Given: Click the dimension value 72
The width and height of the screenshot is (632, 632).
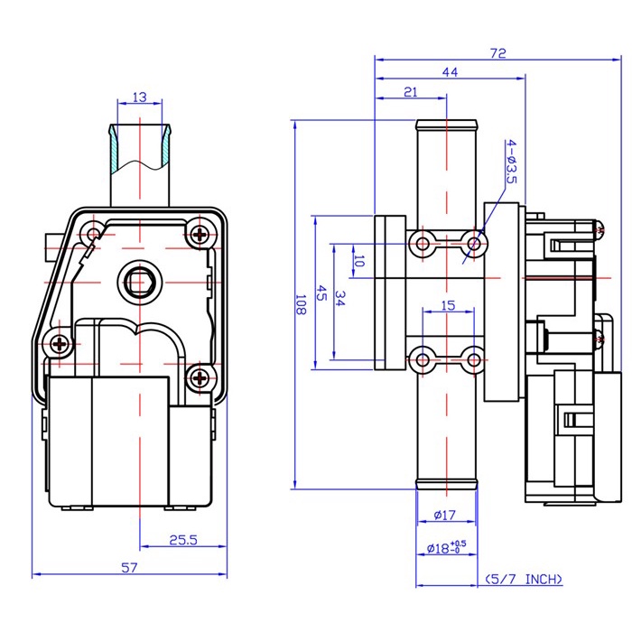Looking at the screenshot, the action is click(x=497, y=53).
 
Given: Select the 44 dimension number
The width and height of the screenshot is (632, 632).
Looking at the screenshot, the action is click(x=450, y=72).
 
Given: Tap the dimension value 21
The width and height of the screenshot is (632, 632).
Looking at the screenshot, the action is click(x=410, y=92).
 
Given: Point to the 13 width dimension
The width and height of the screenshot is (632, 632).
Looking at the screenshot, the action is click(x=139, y=98).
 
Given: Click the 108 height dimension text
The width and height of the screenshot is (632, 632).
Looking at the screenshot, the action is click(x=301, y=304).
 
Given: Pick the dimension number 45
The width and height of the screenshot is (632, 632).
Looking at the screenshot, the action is click(x=321, y=293).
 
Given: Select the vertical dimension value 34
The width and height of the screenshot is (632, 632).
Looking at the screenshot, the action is click(x=339, y=298).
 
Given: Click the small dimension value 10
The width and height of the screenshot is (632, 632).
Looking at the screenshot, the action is click(x=358, y=261).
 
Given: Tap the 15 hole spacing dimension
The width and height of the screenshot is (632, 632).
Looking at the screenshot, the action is click(x=448, y=305).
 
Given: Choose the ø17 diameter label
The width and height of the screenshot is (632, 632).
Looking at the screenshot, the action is click(x=445, y=515).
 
